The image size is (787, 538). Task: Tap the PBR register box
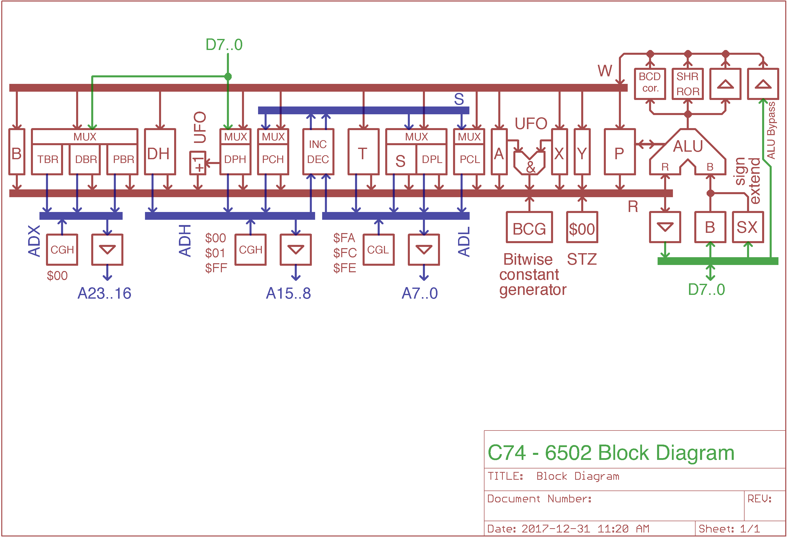123,159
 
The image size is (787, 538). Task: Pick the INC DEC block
318,152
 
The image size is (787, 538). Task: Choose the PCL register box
469,159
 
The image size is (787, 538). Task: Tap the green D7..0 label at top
224,45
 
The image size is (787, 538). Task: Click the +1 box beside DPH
198,163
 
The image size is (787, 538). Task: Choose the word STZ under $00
582,259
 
